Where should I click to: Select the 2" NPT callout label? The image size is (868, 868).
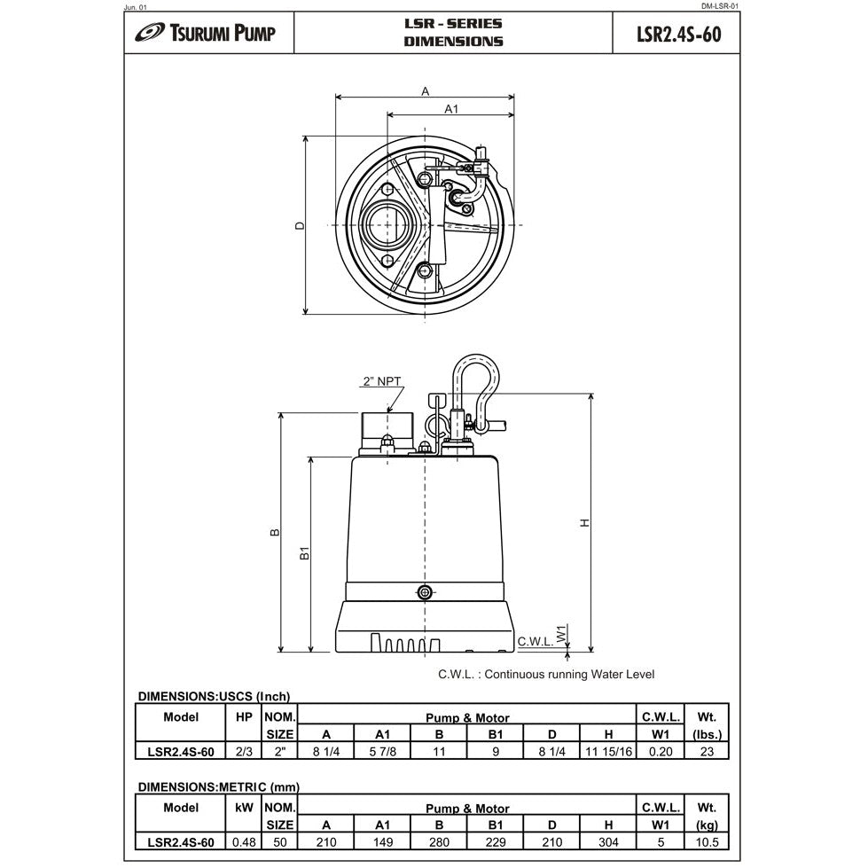coord(381,381)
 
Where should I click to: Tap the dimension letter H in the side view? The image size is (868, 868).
coord(583,523)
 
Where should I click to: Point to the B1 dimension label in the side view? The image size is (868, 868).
coord(303,553)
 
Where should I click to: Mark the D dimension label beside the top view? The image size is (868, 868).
coord(300,226)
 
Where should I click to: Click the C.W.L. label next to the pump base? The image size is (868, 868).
coord(535,641)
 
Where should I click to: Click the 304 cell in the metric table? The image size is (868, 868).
coord(607,842)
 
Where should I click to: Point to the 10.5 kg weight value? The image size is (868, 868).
coord(707,842)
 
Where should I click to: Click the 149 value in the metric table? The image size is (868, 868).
coord(382,842)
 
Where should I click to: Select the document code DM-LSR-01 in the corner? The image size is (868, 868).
coord(719,6)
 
